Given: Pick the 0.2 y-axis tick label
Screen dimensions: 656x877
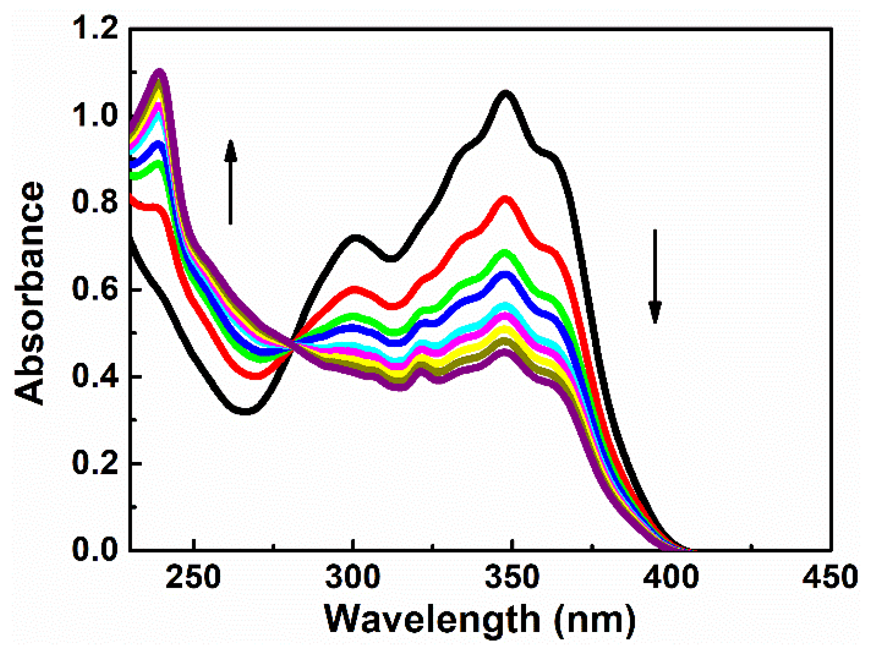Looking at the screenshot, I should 95,463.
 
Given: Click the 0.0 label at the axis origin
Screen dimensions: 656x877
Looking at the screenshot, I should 95,549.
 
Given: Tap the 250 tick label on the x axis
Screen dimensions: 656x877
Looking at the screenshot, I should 193,577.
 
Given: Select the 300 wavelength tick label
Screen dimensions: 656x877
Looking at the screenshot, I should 353,577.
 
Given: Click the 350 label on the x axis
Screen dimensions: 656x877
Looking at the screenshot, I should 512,577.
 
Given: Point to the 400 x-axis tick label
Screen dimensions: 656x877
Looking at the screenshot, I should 671,577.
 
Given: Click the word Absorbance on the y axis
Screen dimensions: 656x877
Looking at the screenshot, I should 29,293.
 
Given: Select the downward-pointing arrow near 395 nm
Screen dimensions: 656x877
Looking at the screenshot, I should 655,276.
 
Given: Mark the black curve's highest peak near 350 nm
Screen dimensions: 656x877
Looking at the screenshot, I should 505,93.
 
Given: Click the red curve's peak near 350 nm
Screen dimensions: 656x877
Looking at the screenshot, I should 505,199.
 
